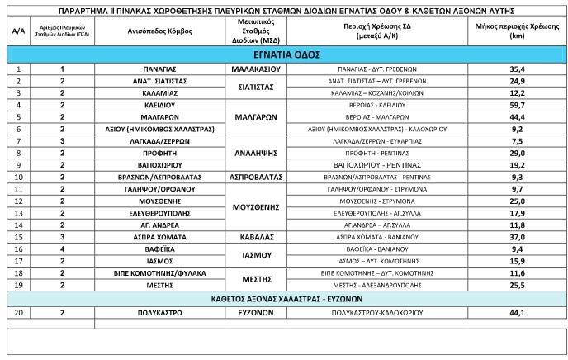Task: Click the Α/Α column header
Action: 17,31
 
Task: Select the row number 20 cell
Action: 17,314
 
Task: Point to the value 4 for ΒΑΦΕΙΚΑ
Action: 62,249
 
